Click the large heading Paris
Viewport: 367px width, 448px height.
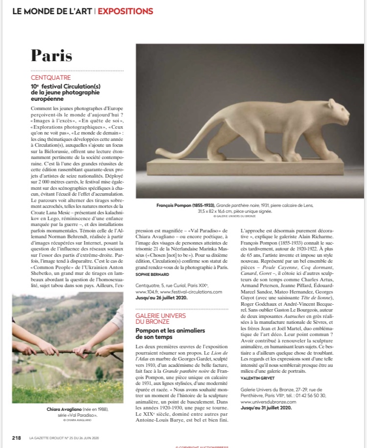pyautogui.click(x=59, y=55)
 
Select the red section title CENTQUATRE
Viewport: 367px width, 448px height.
pyautogui.click(x=51, y=78)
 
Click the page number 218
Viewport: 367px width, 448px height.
pyautogui.click(x=17, y=438)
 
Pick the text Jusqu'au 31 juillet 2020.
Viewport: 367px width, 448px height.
pyautogui.click(x=266, y=407)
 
